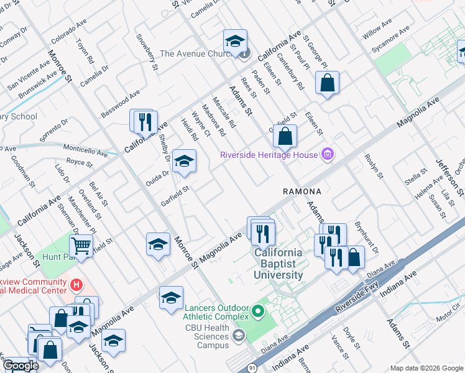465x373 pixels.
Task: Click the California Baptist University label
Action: (x=278, y=264)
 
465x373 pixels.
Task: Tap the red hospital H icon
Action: (x=76, y=285)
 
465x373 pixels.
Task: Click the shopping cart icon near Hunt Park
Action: (x=81, y=246)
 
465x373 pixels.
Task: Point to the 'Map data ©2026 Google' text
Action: (x=425, y=368)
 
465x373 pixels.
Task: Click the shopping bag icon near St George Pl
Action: (x=327, y=83)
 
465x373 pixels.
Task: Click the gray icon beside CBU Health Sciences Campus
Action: (x=237, y=337)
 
